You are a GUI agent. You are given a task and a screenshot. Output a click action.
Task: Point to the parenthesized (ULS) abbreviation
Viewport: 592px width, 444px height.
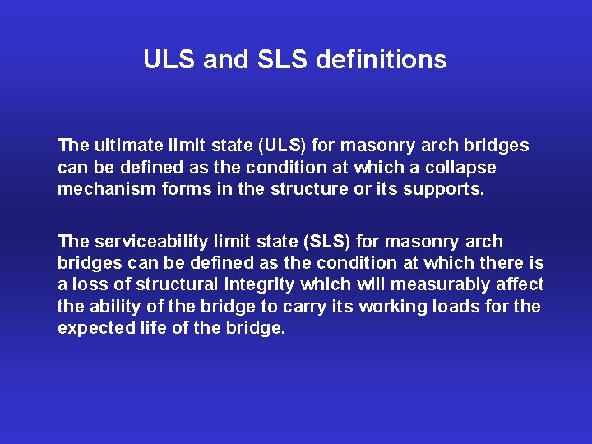[282, 146]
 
